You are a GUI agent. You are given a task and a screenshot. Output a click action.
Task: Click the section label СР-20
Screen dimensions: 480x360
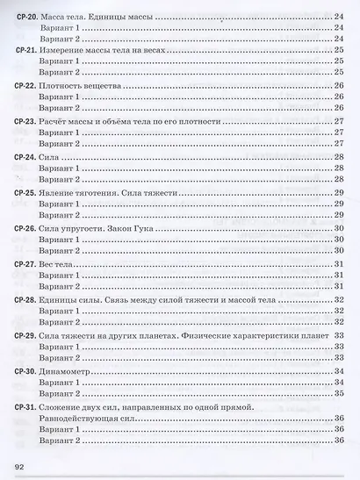(25, 16)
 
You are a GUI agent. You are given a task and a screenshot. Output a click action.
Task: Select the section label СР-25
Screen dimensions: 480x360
(25, 191)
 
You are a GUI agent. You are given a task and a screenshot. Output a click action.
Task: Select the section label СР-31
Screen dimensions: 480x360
(25, 407)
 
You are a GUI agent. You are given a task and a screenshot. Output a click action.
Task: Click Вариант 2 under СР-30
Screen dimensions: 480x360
(61, 394)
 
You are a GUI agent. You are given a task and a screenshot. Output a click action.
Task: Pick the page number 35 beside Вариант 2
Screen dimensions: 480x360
(338, 394)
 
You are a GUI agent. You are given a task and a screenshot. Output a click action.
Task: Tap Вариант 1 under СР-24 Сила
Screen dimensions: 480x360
(61, 167)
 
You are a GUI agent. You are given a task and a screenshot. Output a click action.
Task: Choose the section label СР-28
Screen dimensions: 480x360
(25, 300)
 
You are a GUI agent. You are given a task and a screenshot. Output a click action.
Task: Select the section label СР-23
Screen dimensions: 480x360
(25, 121)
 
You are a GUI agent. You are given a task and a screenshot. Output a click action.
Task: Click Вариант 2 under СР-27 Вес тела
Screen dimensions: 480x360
(61, 287)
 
